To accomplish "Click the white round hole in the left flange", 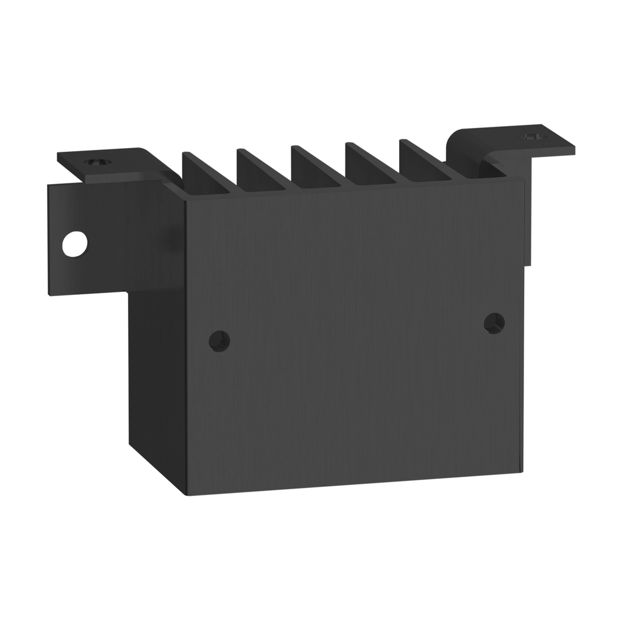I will [74, 244].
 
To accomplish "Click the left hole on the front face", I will [219, 341].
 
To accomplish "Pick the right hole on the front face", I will [494, 323].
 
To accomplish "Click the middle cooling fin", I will [313, 166].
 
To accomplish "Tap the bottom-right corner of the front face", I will [522, 470].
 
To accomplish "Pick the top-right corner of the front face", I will [524, 182].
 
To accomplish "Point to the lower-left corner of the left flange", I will [50, 294].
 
